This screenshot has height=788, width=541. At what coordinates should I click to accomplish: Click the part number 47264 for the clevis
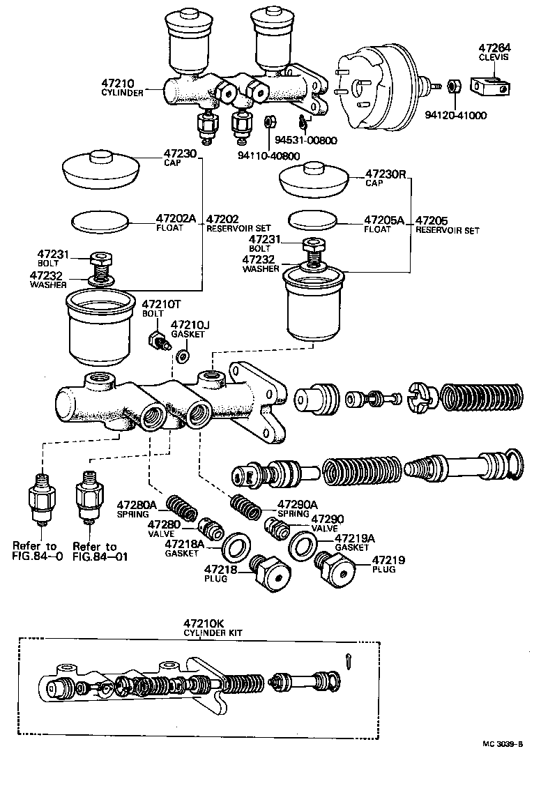[x=494, y=48]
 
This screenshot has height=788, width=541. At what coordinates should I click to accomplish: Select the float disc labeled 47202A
[x=102, y=222]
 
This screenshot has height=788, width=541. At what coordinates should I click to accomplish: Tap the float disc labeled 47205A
[x=312, y=222]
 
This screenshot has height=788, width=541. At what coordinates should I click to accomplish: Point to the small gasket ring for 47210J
[x=183, y=356]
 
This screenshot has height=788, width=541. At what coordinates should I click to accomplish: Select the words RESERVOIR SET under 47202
[x=238, y=228]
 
